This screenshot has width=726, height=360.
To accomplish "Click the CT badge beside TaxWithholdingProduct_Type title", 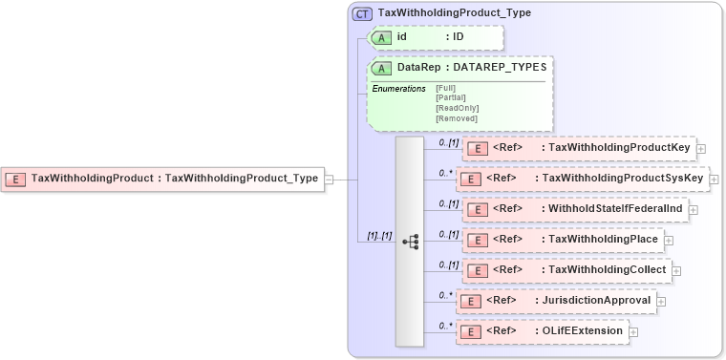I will [362, 13].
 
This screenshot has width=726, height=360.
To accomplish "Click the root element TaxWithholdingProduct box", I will [162, 178].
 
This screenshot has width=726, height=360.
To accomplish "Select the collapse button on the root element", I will [329, 178].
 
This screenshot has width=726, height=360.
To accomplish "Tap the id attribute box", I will [435, 37].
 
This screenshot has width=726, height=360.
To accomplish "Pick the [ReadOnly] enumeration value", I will [457, 108].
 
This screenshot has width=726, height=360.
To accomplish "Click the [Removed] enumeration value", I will [455, 118].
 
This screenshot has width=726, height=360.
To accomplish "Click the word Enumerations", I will [398, 88].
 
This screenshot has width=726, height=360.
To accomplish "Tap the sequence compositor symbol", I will [410, 242].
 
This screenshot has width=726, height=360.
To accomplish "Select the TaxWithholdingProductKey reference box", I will [578, 148].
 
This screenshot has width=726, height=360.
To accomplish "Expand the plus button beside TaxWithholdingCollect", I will [676, 270].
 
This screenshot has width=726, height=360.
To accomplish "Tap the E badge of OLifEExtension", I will [469, 331].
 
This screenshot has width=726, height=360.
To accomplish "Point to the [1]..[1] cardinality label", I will [379, 235].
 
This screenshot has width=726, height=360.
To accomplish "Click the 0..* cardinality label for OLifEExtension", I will [444, 325].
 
